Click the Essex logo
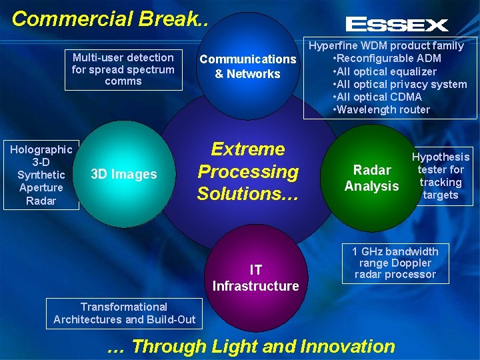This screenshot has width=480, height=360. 397,25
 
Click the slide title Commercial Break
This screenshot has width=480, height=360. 111,19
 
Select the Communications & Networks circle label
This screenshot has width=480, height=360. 248,67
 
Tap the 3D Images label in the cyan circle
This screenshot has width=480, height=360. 123,175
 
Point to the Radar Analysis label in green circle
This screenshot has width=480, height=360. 371,178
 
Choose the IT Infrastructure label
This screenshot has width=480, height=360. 255,278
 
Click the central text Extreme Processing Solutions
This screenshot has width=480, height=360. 248,171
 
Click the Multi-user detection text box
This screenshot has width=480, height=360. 123,69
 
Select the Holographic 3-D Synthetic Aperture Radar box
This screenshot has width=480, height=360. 41,175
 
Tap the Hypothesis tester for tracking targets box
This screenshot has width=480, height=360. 440,176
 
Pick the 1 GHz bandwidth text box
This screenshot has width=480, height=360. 395,263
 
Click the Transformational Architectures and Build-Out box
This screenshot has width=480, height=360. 124,313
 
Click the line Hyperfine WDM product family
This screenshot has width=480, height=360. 386,46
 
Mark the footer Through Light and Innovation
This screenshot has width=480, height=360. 251,346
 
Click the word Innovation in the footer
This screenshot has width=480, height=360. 348,346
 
